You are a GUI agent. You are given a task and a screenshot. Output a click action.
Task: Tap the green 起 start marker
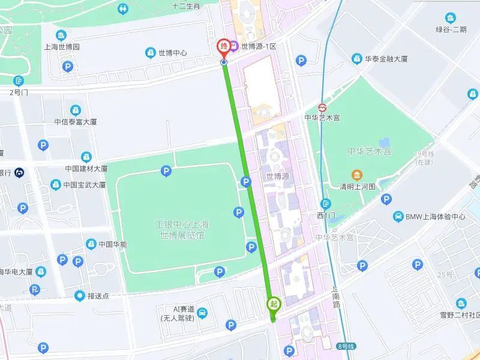273,304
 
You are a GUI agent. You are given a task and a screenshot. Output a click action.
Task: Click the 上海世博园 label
62,46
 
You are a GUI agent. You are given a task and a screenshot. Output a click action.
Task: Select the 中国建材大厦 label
85,169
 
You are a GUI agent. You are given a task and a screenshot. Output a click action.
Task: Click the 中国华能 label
112,244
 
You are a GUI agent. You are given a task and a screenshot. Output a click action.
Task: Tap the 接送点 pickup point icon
80,295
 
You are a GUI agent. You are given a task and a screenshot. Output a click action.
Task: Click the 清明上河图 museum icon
357,175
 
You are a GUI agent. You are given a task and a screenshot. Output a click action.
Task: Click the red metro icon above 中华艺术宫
323,106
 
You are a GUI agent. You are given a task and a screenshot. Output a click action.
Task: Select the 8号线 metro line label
346,346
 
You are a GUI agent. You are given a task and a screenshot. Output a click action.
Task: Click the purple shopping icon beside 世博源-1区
234,46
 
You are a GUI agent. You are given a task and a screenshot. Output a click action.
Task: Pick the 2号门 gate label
19,92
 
